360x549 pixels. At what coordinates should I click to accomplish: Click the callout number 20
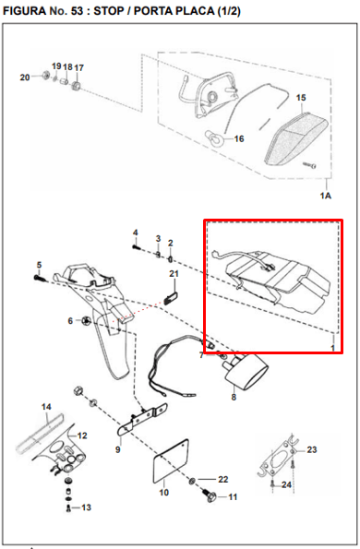(x=25, y=77)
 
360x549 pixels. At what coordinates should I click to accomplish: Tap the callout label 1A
(x=326, y=196)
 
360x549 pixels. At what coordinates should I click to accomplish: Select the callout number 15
(x=301, y=97)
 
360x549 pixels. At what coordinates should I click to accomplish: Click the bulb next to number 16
(x=213, y=137)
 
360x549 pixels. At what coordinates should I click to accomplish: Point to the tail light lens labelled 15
(x=296, y=138)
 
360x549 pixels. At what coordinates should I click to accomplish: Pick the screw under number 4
(x=137, y=247)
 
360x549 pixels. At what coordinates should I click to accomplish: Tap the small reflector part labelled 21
(x=172, y=298)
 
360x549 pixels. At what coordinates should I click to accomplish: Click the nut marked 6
(x=86, y=320)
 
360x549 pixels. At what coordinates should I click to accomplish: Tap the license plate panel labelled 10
(x=172, y=461)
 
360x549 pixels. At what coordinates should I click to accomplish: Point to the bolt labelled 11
(x=210, y=496)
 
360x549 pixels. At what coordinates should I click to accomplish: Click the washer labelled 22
(x=192, y=481)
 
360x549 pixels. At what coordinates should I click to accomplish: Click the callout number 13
(x=86, y=507)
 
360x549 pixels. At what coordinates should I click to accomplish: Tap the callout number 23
(x=312, y=449)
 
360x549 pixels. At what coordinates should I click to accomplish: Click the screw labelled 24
(x=272, y=485)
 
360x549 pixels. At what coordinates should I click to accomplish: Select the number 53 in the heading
(x=77, y=11)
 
